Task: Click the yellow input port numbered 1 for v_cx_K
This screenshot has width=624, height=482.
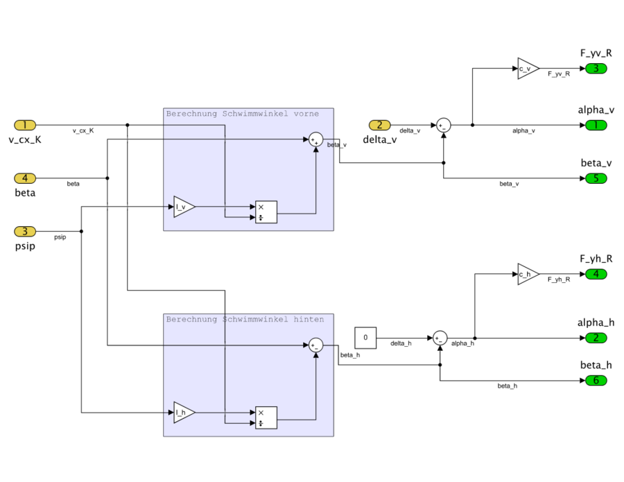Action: [x=25, y=125]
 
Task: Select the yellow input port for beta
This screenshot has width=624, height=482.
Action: [x=25, y=178]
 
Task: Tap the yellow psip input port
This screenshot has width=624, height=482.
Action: [x=25, y=232]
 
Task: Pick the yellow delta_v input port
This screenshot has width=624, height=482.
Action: [x=380, y=125]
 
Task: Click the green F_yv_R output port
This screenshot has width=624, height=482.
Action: [x=596, y=68]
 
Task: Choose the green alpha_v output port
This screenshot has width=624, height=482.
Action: [x=596, y=125]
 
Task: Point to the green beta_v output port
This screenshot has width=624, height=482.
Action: [x=596, y=178]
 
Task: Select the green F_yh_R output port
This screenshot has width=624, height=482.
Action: [x=596, y=274]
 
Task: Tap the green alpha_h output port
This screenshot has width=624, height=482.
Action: [x=596, y=338]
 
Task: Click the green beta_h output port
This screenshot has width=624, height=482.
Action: [x=596, y=380]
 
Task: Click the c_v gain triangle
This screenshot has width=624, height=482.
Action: [x=527, y=68]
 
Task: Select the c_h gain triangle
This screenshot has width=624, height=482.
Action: [x=527, y=274]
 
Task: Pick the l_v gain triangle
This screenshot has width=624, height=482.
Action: [x=183, y=207]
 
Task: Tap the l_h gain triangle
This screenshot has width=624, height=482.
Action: [x=183, y=413]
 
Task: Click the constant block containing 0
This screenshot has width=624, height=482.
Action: [x=365, y=338]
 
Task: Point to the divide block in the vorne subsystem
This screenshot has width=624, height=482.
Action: [x=266, y=212]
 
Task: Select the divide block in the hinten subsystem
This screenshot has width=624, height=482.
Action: [x=266, y=418]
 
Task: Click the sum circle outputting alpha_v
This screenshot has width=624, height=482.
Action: [x=443, y=125]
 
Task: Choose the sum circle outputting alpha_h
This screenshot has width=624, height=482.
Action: [x=440, y=338]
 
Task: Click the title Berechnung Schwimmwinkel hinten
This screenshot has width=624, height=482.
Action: [x=244, y=319]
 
